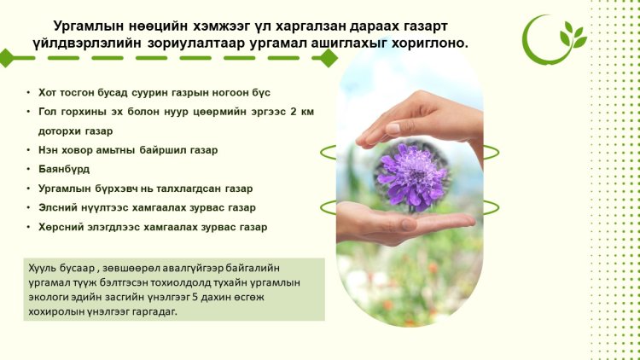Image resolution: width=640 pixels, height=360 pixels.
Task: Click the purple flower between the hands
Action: [412, 177]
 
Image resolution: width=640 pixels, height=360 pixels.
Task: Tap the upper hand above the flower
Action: [421, 119]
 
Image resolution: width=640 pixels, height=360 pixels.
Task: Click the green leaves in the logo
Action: [573, 35]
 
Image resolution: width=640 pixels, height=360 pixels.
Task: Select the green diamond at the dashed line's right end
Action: [328, 58]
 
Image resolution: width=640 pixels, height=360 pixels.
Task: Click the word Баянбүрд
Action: [64, 169]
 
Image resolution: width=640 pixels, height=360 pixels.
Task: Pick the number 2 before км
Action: [294, 112]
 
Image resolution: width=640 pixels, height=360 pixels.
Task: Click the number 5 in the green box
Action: [195, 297]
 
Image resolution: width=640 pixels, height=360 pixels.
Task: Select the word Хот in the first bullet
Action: [47, 93]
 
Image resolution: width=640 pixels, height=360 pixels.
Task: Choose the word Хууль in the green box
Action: [42, 268]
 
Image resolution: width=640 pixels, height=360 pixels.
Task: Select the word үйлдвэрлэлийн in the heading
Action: [88, 44]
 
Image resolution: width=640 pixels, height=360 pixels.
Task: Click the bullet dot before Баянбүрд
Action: [28, 169]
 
